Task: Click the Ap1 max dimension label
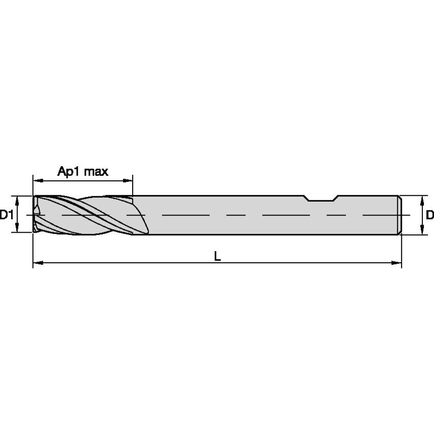[x=83, y=171]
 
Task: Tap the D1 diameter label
[x=6, y=215]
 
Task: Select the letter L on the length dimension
[x=217, y=257]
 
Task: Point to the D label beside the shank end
[x=429, y=215]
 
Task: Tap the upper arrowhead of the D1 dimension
[x=17, y=199]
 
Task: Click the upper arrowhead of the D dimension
[x=421, y=199]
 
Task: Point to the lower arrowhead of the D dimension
[x=421, y=232]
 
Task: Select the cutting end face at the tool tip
[x=35, y=215]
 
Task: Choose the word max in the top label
[x=96, y=171]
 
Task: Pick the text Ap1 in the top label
[x=66, y=171]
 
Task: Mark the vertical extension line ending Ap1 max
[x=133, y=186]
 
